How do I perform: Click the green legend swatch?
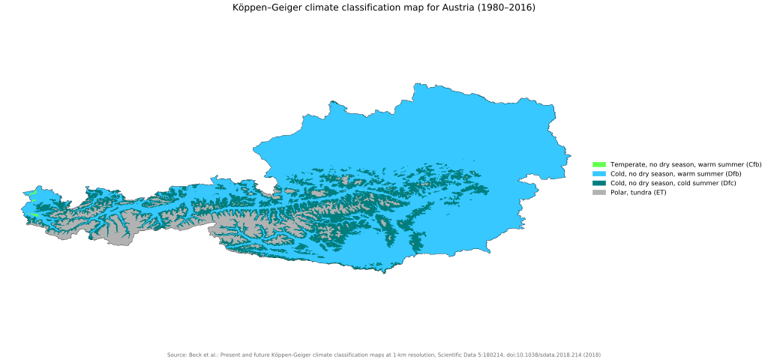[598, 164]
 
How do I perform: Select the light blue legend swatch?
[598, 174]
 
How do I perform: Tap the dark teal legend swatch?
[598, 183]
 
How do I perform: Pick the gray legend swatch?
[598, 193]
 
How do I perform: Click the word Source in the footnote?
[176, 355]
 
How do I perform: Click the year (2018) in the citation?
[592, 355]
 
